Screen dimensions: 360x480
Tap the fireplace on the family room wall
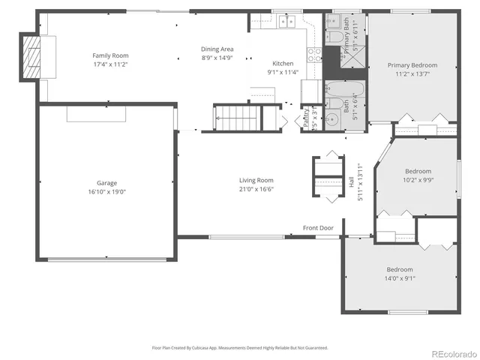click(31, 55)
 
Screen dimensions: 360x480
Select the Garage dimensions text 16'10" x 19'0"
click(107, 191)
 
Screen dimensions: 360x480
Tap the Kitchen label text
click(283, 64)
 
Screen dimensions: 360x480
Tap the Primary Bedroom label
click(412, 65)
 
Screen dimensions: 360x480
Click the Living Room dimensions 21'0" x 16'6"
click(256, 189)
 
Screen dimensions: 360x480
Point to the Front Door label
click(317, 228)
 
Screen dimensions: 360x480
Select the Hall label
click(351, 181)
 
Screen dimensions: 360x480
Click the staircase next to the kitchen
click(236, 117)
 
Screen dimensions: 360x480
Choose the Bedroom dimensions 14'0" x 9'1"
click(400, 278)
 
